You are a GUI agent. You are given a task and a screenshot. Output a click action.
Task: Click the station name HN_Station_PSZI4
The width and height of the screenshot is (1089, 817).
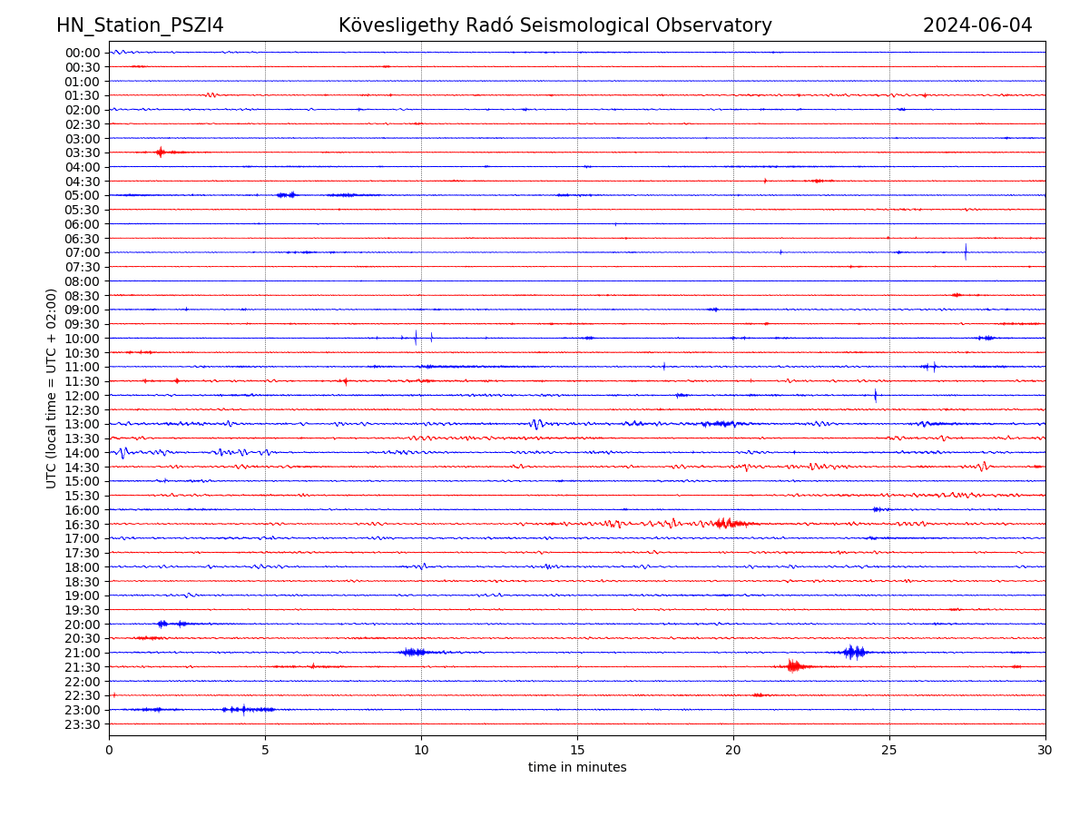(140, 25)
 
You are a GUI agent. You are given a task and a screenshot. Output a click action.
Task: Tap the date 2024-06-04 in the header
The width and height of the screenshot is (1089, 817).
(977, 25)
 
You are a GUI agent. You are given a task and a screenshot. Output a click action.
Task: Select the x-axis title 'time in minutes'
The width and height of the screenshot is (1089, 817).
(577, 767)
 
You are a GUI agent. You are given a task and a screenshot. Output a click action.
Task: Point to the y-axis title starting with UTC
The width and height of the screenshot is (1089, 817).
(52, 388)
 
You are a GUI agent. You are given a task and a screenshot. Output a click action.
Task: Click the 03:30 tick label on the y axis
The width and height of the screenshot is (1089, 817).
(82, 153)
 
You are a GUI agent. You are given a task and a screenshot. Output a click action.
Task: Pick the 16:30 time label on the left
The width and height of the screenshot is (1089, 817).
(82, 524)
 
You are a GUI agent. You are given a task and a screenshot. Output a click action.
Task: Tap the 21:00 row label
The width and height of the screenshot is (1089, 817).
(82, 653)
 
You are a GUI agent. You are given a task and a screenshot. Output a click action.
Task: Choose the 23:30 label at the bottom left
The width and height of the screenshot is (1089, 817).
(82, 724)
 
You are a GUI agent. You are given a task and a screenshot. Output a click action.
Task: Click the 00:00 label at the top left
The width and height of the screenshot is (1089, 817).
(82, 53)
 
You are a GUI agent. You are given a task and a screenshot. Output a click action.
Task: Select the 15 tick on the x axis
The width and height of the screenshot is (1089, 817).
(577, 750)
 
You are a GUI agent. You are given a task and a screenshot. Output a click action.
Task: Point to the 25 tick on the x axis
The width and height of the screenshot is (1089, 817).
(889, 750)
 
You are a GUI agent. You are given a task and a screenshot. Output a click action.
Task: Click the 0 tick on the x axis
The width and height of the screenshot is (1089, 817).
(109, 750)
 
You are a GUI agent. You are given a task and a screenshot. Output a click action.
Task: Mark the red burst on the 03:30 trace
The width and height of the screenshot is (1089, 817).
(161, 152)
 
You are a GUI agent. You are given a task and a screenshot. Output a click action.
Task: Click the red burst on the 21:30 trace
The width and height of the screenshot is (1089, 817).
(794, 666)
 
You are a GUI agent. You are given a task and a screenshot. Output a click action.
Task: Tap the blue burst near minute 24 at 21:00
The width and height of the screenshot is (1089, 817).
(853, 652)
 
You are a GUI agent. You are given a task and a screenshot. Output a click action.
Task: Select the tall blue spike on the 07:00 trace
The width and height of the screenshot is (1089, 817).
(966, 251)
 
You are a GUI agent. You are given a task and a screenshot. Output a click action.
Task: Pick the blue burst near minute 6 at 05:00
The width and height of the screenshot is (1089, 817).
(287, 194)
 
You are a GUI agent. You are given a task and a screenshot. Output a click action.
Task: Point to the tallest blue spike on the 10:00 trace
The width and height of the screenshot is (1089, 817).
(416, 338)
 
